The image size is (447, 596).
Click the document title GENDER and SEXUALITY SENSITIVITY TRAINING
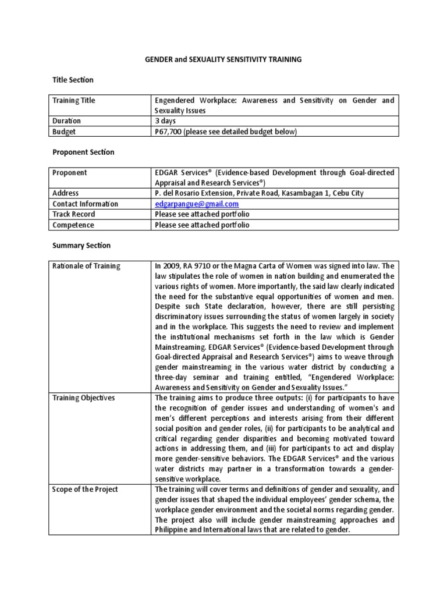coord(223,59)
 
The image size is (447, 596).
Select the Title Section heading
coord(73,80)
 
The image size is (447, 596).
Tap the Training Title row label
coord(74,101)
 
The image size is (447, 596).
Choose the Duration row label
coord(67,121)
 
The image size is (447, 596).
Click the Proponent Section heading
coord(83,152)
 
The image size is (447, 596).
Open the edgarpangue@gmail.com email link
coord(197,204)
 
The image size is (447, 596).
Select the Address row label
coord(66,193)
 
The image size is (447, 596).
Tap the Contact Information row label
coord(85,204)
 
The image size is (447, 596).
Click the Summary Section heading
coord(81,246)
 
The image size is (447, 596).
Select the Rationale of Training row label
coord(86,267)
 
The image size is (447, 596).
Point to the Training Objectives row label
coord(84,398)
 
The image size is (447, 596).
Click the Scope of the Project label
coord(85,489)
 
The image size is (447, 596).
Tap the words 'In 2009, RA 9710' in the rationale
coord(183,267)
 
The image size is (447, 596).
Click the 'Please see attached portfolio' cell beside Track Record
coord(202,214)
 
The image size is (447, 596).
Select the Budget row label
coord(64,132)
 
